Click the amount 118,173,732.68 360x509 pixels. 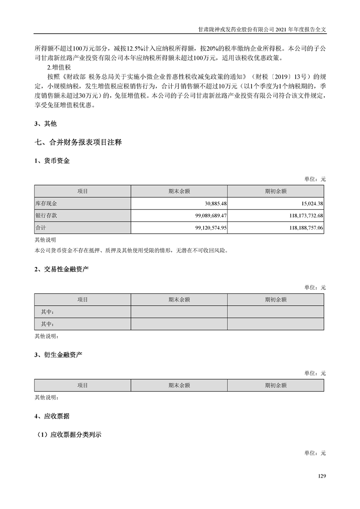(301, 215)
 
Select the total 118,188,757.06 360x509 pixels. (301, 228)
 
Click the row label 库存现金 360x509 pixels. (46, 204)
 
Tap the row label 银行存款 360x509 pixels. (46, 215)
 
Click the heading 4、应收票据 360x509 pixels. (52, 416)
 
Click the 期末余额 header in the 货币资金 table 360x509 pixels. (179, 191)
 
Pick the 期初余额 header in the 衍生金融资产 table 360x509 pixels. (276, 385)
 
